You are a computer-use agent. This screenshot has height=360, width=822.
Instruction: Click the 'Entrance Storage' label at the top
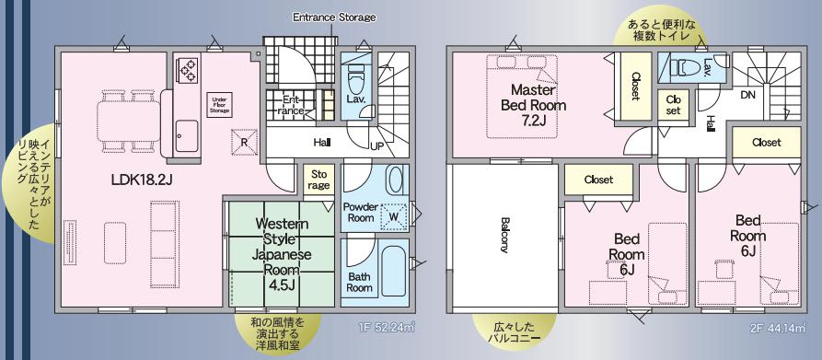pos(334,17)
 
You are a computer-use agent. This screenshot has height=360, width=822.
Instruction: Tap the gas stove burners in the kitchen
pos(188,70)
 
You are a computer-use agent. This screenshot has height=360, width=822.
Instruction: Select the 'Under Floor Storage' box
pos(220,105)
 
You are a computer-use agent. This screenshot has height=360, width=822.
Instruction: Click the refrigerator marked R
pos(245,142)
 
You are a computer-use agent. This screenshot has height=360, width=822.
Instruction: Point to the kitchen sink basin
pos(187,136)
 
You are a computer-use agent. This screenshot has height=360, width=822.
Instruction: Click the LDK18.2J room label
pos(142,180)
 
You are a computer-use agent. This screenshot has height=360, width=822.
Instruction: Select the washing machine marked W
pos(394,216)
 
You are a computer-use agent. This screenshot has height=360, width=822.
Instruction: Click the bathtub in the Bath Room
pos(394,271)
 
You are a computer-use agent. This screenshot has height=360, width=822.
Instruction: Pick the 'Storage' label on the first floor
pos(318,180)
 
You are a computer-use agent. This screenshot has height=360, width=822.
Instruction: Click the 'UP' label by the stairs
pos(376,146)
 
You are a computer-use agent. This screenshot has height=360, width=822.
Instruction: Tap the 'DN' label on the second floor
pos(747,96)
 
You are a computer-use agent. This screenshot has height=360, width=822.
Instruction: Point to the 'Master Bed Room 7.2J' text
pos(533,105)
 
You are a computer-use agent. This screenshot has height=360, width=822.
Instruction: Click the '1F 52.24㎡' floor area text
pos(387,329)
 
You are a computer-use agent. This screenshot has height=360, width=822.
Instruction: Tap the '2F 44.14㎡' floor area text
pos(778,329)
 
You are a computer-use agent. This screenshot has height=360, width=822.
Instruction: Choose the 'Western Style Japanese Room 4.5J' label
pos(282,254)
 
